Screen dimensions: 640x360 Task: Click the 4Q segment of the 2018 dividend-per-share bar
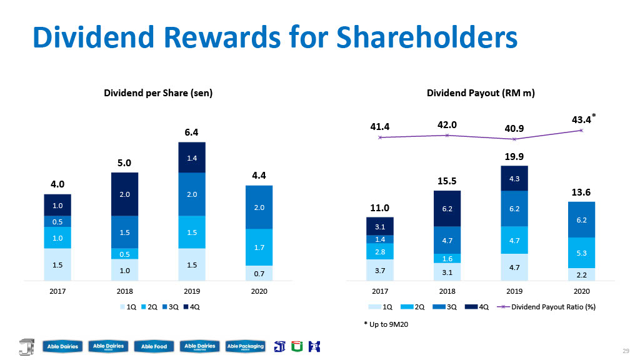tap(124, 194)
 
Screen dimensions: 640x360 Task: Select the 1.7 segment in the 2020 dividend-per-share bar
tap(259, 247)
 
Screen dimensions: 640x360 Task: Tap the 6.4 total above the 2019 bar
tap(191, 132)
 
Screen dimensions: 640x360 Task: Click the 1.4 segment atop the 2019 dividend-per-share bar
tap(192, 157)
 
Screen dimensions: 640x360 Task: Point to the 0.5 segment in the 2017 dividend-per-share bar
tap(57, 222)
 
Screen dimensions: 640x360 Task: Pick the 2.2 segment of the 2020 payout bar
tap(582, 275)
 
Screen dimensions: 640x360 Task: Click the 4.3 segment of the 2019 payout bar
tap(514, 178)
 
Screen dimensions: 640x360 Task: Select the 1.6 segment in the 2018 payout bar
tap(447, 258)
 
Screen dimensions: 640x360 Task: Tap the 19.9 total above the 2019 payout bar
tap(514, 156)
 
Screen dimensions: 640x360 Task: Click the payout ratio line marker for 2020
tap(581, 131)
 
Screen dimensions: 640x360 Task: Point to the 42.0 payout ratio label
tap(447, 125)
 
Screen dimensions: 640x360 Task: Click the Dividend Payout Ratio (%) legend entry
tap(546, 307)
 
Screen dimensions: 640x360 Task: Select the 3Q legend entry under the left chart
tap(171, 307)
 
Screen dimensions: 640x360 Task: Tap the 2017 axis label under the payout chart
tap(380, 291)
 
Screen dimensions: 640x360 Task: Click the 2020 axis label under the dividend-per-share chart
tap(259, 291)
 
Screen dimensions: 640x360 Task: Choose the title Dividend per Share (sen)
tap(158, 93)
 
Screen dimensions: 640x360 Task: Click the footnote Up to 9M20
tap(386, 324)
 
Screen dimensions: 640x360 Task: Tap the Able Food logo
tap(154, 346)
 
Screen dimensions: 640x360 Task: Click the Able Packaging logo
tap(245, 346)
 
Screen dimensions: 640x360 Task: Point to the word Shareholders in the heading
tap(427, 37)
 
